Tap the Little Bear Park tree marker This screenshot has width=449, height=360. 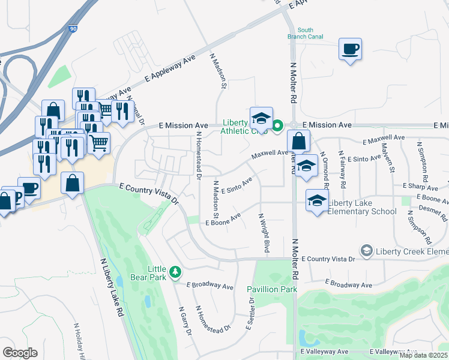tap(175, 272)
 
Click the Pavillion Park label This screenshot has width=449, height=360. tap(273, 289)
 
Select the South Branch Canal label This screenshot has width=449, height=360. tap(305, 33)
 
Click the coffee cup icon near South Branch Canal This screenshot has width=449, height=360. tap(350, 49)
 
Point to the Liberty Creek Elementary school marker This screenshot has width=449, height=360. tap(366, 250)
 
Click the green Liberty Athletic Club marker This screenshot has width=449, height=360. tap(277, 126)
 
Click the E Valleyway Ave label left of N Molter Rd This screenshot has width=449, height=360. tap(324, 351)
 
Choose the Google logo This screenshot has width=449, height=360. tap(20, 352)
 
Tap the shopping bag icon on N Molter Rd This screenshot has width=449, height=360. tap(298, 142)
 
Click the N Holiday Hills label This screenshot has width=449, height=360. tap(79, 341)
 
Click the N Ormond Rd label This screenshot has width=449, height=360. tap(325, 171)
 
